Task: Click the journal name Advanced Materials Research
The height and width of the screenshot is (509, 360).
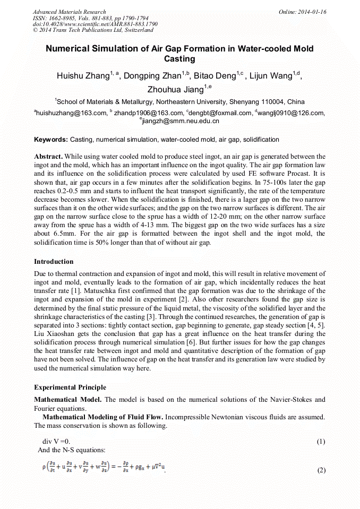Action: (69, 12)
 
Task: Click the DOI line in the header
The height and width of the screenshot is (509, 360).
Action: (95, 24)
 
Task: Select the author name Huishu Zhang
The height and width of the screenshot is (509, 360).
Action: (82, 76)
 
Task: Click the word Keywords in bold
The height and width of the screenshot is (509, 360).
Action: (50, 140)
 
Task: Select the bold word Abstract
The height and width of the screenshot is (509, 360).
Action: (48, 157)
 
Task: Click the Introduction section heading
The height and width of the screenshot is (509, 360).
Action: (54, 262)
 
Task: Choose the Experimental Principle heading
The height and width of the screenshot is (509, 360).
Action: (70, 387)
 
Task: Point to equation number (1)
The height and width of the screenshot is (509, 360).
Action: (321, 442)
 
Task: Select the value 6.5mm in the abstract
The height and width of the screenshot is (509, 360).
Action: (66, 234)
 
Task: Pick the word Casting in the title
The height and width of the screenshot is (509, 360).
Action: (179, 59)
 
